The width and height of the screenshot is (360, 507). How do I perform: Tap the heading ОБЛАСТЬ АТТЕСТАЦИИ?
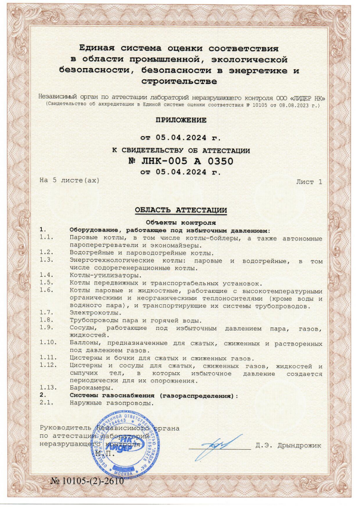pyautogui.click(x=180, y=210)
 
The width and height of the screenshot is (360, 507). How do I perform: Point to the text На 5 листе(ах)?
pyautogui.click(x=69, y=180)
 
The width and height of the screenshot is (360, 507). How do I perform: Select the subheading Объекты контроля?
pyautogui.click(x=179, y=221)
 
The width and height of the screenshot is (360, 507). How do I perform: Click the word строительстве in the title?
pyautogui.click(x=179, y=81)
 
